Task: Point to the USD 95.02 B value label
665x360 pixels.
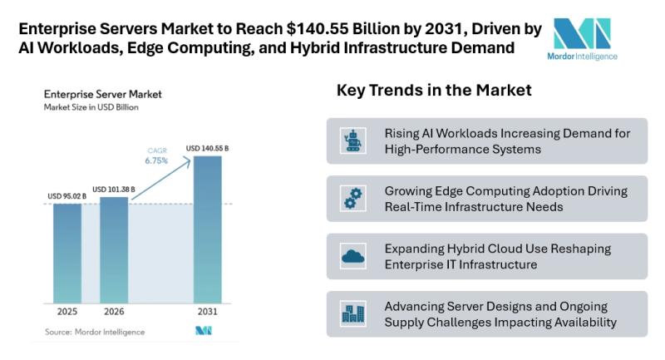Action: pyautogui.click(x=67, y=196)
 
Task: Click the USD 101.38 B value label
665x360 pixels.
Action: pyautogui.click(x=114, y=188)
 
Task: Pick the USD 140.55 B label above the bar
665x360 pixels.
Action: pyautogui.click(x=207, y=149)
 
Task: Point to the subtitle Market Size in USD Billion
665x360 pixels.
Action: pyautogui.click(x=91, y=108)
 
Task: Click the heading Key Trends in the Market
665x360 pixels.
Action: pyautogui.click(x=433, y=90)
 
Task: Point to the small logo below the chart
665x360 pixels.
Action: pyautogui.click(x=204, y=332)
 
